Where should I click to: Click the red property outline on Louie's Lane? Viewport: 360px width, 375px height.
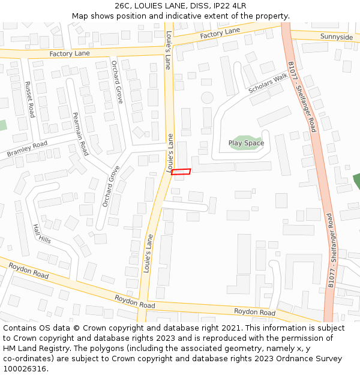pos(181,172)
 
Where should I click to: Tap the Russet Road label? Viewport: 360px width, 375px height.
pos(29,100)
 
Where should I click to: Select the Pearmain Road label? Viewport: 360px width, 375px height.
pos(80,134)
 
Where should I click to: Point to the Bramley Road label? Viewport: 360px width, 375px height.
pos(27,149)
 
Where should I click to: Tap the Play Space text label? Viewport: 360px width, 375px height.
pos(246,143)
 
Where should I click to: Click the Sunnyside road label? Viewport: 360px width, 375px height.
pos(337,37)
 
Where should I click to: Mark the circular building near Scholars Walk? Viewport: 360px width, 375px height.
pos(207,97)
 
